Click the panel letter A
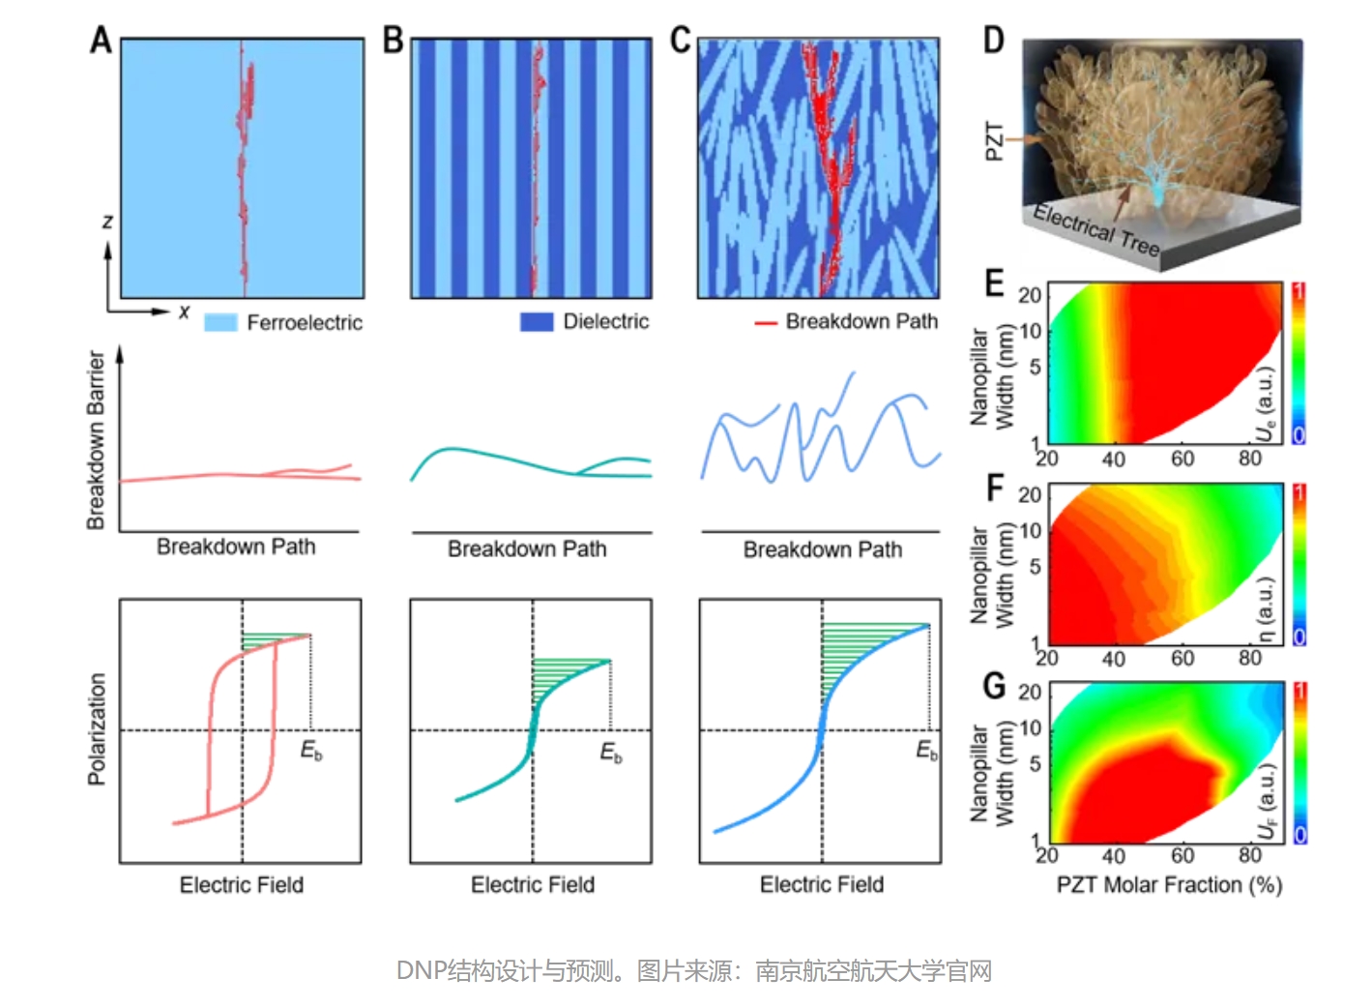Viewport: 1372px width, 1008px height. tap(102, 41)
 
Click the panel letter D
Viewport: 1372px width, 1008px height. tap(994, 41)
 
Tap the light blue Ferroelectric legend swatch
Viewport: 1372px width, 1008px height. tap(220, 322)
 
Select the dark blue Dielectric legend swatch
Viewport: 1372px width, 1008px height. tap(537, 322)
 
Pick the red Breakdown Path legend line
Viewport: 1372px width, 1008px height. tap(766, 322)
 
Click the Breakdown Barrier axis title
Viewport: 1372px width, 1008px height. tap(96, 440)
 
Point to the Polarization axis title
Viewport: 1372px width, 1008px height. tap(97, 728)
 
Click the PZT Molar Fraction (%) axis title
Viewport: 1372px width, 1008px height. tap(1169, 885)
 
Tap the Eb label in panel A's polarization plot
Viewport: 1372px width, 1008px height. tap(311, 750)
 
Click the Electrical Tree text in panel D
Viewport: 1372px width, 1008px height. tap(1095, 229)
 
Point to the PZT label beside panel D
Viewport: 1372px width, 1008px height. tap(995, 141)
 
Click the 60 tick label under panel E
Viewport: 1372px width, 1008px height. tap(1182, 459)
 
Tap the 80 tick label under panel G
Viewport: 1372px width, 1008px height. tap(1250, 855)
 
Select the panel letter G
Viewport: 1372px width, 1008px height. tap(995, 685)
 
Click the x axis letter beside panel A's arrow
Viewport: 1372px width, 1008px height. tap(184, 311)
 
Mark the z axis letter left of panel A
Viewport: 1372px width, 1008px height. tap(107, 222)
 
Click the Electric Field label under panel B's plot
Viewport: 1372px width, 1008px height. tap(532, 884)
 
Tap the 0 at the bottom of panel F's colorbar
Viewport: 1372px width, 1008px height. tap(1299, 636)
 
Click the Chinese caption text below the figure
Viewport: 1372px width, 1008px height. tap(693, 970)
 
